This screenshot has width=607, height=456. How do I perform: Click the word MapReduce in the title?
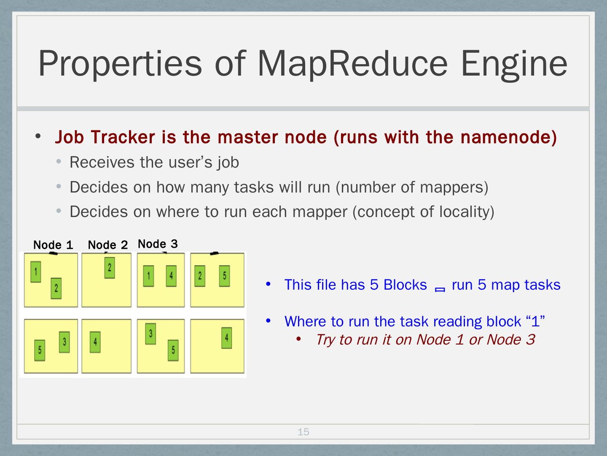[x=352, y=63]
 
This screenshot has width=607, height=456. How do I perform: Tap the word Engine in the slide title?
[x=514, y=63]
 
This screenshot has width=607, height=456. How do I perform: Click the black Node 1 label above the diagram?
[x=53, y=245]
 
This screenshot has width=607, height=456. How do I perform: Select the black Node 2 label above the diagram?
[x=107, y=245]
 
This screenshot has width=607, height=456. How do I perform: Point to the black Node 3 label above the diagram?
[x=158, y=244]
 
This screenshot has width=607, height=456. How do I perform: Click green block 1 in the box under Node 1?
[x=36, y=271]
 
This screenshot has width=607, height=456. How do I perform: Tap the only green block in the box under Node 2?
[x=110, y=268]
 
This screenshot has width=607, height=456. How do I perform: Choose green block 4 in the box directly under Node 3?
[x=171, y=276]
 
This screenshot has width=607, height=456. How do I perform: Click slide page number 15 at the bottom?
[x=303, y=432]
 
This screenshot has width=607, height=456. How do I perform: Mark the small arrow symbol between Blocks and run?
[x=440, y=289]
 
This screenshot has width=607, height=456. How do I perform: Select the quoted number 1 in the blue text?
[x=535, y=322]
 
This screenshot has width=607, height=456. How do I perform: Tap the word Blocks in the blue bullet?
[x=405, y=285]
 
